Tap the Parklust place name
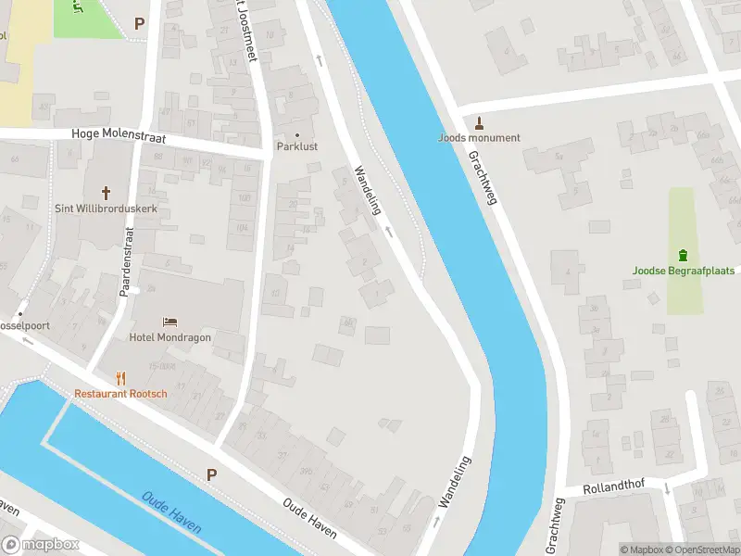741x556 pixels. tap(297, 146)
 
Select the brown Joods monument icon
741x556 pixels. tap(479, 123)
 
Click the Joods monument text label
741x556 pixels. tap(479, 138)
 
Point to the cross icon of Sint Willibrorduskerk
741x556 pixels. tap(107, 193)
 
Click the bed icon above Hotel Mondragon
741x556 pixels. tap(170, 322)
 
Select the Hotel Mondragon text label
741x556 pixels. tap(170, 337)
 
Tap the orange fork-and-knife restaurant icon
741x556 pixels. tap(120, 378)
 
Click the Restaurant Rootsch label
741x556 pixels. tap(121, 394)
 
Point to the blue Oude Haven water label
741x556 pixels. tap(172, 512)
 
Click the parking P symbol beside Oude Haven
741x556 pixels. tap(211, 474)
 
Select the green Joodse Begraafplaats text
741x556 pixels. tap(683, 271)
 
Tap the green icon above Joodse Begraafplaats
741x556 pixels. tap(683, 255)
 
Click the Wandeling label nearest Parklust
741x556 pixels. tap(368, 190)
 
